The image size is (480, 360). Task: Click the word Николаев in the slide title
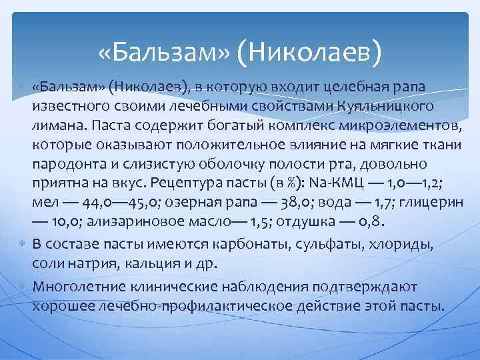pos(314,50)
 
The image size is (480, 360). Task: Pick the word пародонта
pos(65,163)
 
